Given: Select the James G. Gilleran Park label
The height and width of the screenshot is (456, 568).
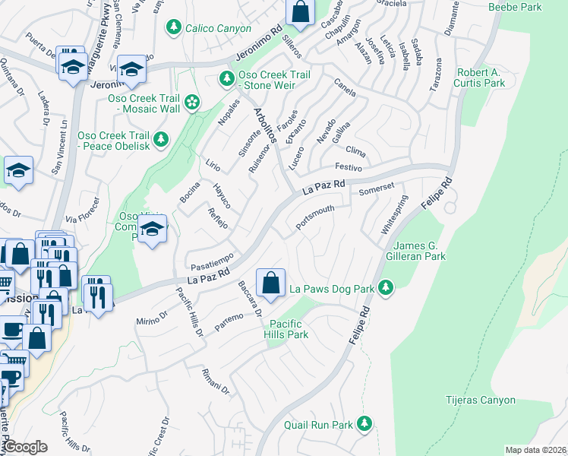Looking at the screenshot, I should click(430, 252).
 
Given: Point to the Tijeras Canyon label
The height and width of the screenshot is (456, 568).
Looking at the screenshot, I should click(481, 400).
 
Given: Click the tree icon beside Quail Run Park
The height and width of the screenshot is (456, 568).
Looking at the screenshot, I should click(365, 423).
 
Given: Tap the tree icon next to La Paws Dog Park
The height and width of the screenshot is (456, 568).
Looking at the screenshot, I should click(387, 287).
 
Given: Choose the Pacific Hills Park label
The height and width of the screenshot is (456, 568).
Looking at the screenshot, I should click(286, 328).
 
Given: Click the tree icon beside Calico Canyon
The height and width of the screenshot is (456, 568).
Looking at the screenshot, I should click(175, 27).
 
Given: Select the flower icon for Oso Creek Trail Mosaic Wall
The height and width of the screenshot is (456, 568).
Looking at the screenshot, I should click(192, 102).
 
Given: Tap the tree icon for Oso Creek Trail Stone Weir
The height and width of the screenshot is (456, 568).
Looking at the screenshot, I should click(226, 78).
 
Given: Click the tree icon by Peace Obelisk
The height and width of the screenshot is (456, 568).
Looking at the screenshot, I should click(160, 139).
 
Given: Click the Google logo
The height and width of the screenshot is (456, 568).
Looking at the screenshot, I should click(24, 447).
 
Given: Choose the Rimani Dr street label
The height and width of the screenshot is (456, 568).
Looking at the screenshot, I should click(216, 382).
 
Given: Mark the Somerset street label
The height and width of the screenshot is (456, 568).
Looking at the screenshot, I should click(377, 188).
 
